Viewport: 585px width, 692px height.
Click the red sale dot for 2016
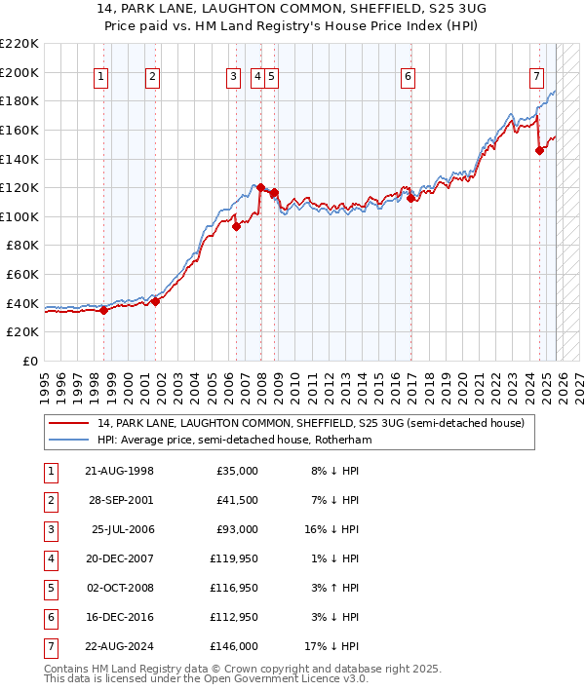[410, 198]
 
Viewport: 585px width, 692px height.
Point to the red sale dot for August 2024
[539, 150]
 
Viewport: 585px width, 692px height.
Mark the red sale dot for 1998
[104, 311]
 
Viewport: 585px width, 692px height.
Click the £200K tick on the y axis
[19, 72]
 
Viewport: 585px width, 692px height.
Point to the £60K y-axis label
[22, 275]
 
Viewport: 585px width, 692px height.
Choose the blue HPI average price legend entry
[234, 440]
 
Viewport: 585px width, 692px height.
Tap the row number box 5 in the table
[51, 588]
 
